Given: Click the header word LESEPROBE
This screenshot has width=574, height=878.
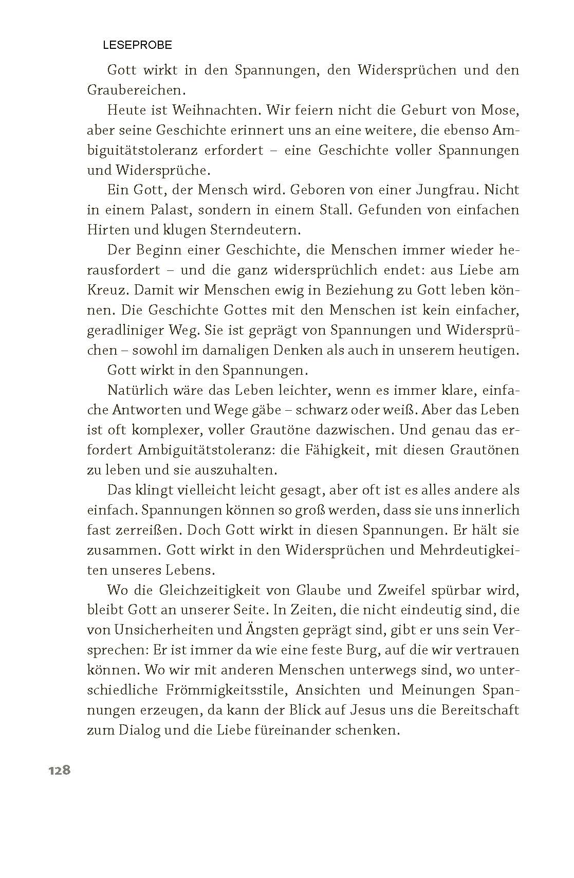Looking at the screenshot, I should tap(137, 45).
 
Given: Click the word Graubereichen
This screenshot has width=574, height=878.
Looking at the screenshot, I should tap(135, 90).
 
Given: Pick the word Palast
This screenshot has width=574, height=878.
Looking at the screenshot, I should tap(168, 210).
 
